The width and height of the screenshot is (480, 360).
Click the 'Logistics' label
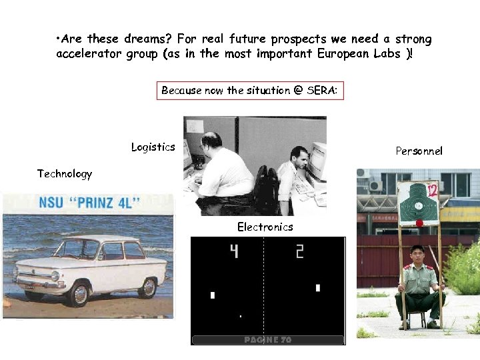coord(153,147)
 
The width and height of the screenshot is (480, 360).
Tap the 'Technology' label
coord(65,174)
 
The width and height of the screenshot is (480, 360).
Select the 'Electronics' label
coord(265,227)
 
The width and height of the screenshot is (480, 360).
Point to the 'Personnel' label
coord(419,151)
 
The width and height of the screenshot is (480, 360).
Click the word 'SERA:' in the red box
coord(323,91)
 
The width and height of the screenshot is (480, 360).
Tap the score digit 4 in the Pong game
coord(234,251)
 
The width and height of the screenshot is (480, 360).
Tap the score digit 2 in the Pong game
coord(299,251)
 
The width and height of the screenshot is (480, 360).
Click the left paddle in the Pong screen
coord(213,295)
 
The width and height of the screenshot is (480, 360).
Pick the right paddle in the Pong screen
coord(318,288)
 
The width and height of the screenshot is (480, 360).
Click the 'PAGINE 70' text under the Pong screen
coord(267,340)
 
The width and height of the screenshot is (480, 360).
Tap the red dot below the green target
coord(419,222)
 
